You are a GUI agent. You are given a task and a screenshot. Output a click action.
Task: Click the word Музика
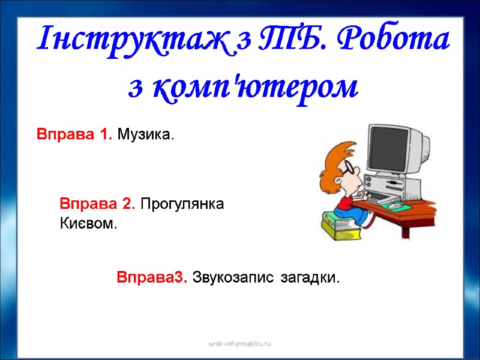[x=145, y=134]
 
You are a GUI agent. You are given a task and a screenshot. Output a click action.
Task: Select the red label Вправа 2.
[x=97, y=204]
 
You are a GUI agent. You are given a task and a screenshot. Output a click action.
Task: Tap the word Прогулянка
[x=182, y=204]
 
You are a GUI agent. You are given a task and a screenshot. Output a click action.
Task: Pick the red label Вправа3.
[x=152, y=278]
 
